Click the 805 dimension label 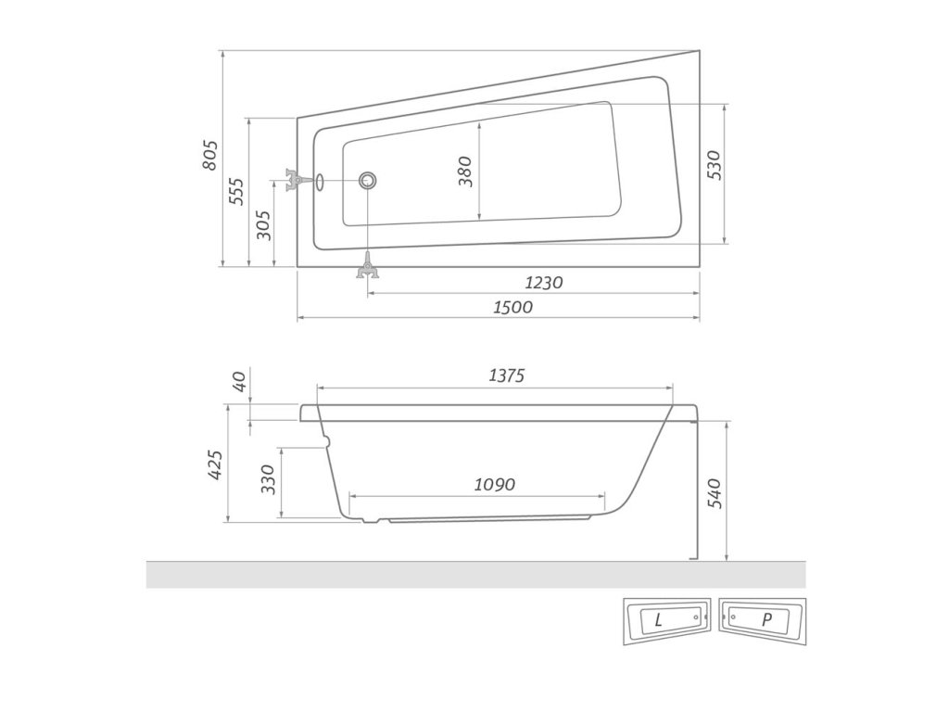point(209,155)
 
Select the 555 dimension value point(236,191)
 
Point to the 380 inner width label point(465,172)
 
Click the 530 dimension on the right point(715,165)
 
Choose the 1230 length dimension point(543,283)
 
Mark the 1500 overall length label point(512,307)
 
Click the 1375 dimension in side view point(506,376)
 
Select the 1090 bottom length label point(495,484)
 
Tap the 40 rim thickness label point(240,381)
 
